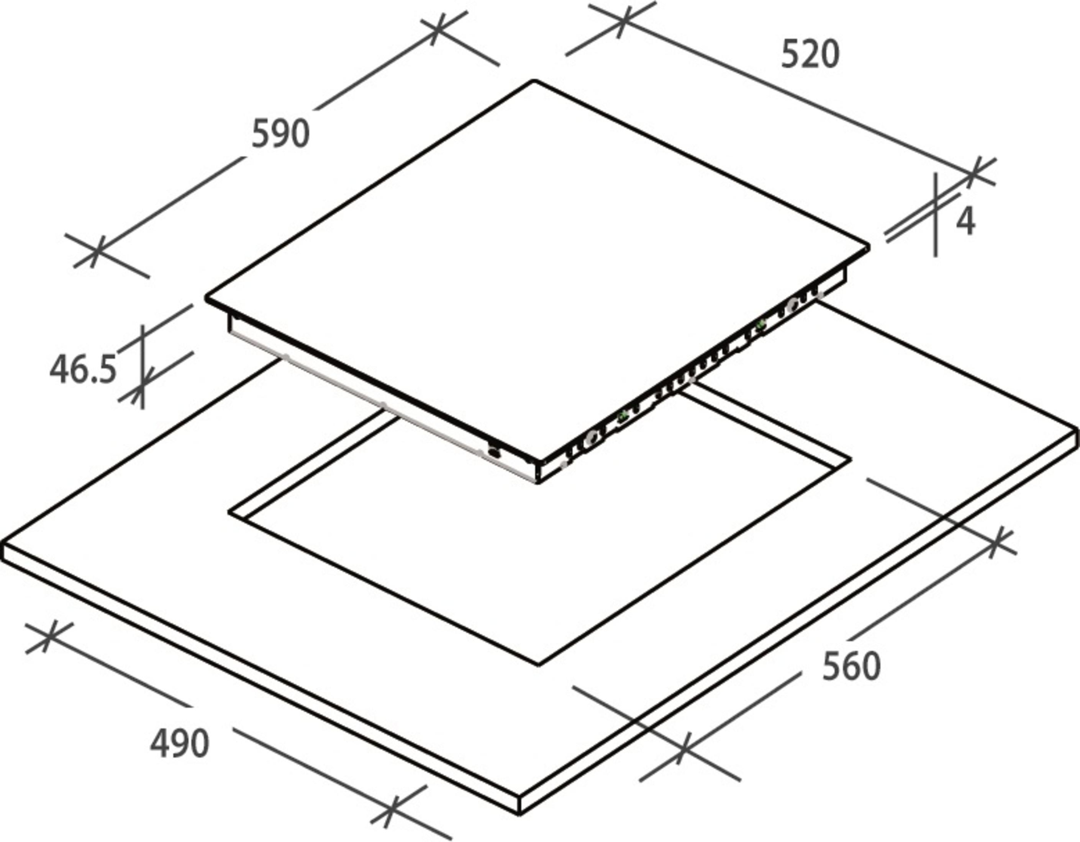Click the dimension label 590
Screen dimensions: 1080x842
pyautogui.click(x=280, y=134)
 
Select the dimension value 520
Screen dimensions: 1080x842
pyautogui.click(x=810, y=54)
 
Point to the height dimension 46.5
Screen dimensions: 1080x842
pyautogui.click(x=83, y=369)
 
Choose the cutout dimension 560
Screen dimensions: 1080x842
pyautogui.click(x=851, y=667)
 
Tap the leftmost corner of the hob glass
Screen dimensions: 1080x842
pyautogui.click(x=207, y=298)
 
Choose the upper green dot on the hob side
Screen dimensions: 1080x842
pyautogui.click(x=760, y=324)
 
